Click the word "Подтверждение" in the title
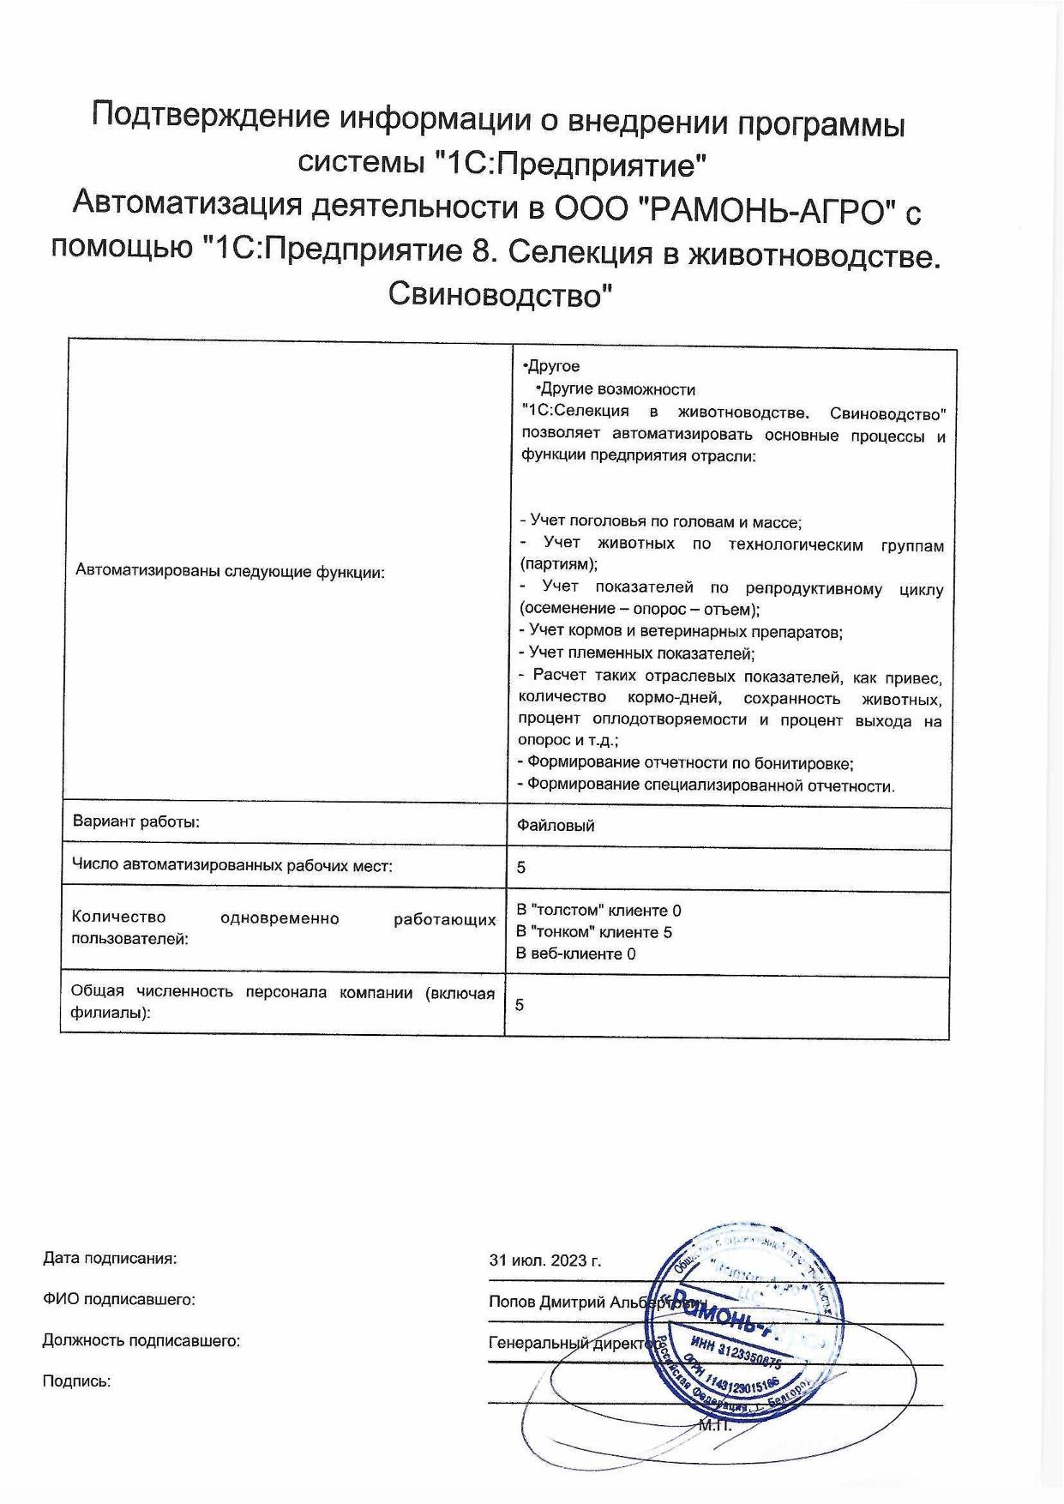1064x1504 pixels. [210, 117]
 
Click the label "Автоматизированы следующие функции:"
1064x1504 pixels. [231, 571]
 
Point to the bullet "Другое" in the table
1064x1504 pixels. [553, 367]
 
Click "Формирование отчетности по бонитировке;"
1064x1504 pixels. [686, 762]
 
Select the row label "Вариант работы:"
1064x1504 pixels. [136, 821]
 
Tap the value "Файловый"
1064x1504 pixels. [556, 826]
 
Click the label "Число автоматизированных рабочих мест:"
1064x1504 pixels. [232, 866]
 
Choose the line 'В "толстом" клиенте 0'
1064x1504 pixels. [598, 911]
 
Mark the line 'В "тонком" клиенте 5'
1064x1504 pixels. [593, 932]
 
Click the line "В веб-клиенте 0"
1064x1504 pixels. [575, 954]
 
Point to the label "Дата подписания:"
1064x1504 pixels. [110, 1259]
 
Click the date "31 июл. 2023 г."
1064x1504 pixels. [545, 1260]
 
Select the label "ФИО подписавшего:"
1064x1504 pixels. [119, 1300]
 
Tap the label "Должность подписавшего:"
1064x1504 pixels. [141, 1341]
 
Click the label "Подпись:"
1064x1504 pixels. [77, 1381]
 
